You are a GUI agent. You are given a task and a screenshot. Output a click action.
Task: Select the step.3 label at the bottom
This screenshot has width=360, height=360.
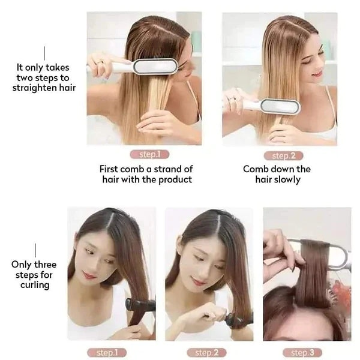click(307, 352)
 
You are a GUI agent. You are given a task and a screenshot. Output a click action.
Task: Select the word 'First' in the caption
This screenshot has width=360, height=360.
click(111, 169)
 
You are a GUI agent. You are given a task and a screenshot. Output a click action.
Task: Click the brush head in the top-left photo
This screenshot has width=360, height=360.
click(155, 66)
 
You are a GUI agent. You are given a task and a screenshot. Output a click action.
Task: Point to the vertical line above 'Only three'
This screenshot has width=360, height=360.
click(35, 250)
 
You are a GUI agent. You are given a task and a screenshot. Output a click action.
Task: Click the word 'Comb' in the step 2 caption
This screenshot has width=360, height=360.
click(254, 169)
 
